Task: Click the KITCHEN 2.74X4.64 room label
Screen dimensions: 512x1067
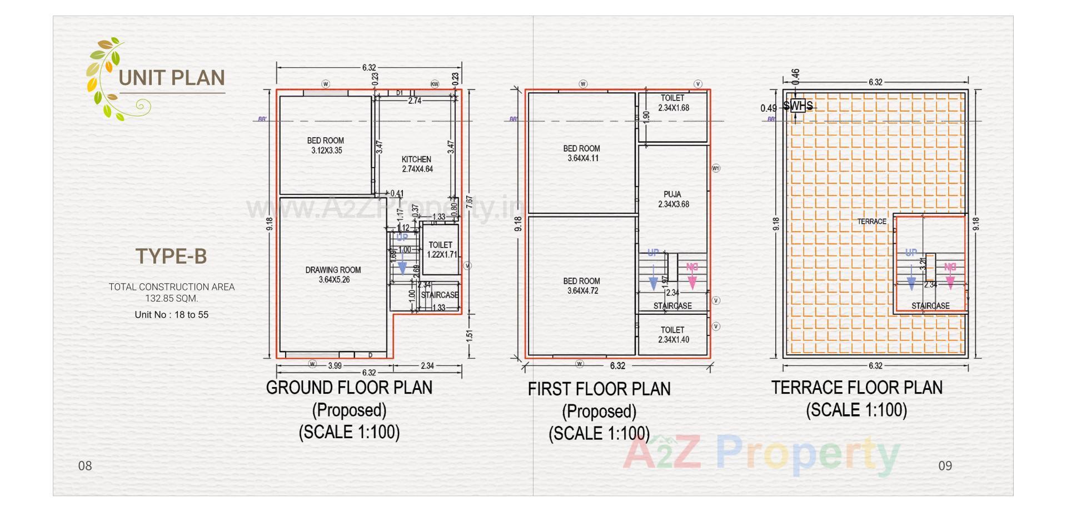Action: click(417, 164)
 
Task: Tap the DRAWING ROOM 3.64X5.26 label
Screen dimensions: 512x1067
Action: click(333, 275)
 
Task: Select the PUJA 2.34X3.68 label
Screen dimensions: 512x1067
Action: click(673, 199)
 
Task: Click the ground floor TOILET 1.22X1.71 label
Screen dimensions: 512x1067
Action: click(441, 249)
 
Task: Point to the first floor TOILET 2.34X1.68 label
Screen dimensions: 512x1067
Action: click(673, 103)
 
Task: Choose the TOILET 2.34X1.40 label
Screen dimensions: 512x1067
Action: click(673, 334)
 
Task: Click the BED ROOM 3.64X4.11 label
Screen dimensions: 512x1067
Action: click(582, 153)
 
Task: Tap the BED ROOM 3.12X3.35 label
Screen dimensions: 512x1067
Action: click(326, 145)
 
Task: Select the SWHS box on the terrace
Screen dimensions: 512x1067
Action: click(797, 106)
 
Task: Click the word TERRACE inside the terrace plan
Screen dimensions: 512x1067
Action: click(871, 222)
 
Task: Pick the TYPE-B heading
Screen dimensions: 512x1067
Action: click(171, 257)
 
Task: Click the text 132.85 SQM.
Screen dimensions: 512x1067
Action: click(171, 298)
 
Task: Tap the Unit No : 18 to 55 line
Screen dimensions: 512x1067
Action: click(171, 315)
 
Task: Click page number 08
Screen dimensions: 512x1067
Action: click(85, 465)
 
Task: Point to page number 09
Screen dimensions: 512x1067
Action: click(945, 465)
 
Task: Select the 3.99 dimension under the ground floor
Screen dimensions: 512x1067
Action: click(335, 365)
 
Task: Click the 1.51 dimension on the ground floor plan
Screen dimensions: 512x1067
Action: click(469, 335)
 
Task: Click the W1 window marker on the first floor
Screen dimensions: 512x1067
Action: click(716, 168)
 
